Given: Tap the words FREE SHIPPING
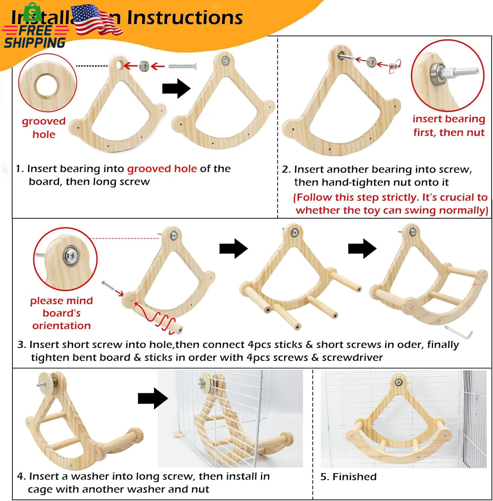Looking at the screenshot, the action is (35, 36).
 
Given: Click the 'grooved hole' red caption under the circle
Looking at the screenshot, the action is (44, 128).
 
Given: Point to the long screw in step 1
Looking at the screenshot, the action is (182, 66).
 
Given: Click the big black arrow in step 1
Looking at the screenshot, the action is (176, 89).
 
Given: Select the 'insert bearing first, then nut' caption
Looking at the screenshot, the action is (449, 126).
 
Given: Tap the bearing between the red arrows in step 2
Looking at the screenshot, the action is (371, 62).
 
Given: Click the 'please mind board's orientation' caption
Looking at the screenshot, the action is (61, 313).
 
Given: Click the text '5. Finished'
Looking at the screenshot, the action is (348, 477).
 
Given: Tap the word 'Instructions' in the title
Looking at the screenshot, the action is (185, 17).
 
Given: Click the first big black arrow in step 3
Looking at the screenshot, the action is (233, 248).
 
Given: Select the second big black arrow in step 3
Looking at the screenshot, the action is (362, 248).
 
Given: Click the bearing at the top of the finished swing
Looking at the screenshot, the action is (398, 382).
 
